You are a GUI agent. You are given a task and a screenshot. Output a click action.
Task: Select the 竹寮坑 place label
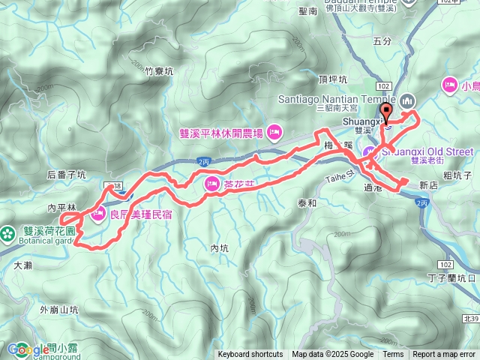coord(159,71)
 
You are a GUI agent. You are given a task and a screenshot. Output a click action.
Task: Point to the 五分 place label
coord(382,41)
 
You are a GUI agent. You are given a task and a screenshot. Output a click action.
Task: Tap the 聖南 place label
coord(307,12)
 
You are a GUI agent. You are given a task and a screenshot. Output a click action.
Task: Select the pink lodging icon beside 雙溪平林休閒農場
coord(274,133)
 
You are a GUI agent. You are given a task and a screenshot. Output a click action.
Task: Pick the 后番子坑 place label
coord(67,175)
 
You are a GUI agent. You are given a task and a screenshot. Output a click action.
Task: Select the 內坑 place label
coord(219,247)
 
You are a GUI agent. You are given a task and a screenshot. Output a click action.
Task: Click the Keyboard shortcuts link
coord(250,355)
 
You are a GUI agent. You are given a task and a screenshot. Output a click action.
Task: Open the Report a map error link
coord(445,355)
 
